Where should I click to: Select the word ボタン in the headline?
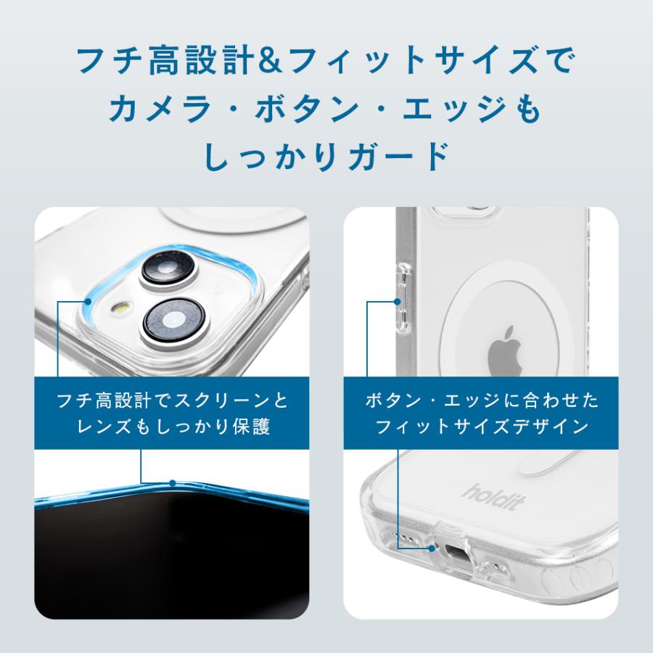(x=326, y=110)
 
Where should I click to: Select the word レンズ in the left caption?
(x=102, y=426)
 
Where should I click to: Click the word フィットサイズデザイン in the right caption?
(x=482, y=426)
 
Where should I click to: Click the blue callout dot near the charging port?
(x=432, y=549)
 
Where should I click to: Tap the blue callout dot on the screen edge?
(x=173, y=482)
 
